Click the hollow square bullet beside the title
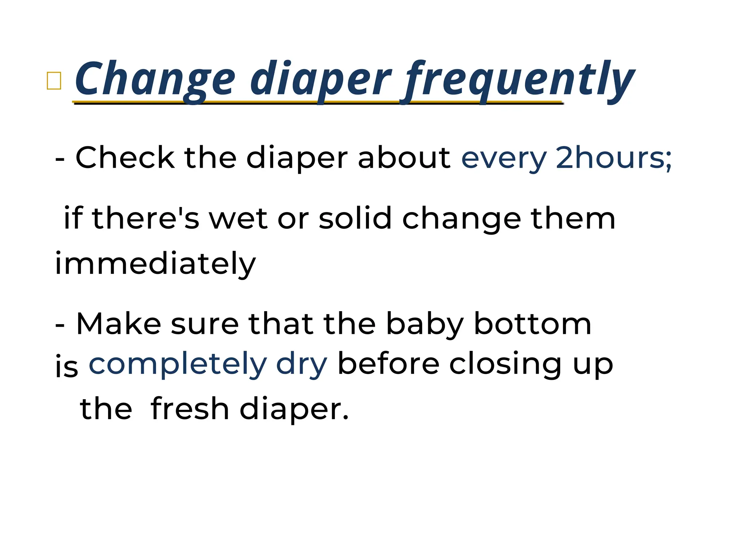tap(54, 80)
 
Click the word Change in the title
tap(155, 79)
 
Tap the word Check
tap(125, 158)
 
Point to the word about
tap(404, 158)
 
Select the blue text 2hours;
tap(614, 158)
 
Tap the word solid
tap(355, 218)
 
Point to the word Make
tap(119, 324)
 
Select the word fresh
tap(190, 409)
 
